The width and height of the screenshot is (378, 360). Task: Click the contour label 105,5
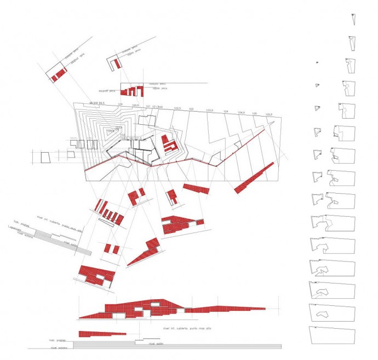click(269, 115)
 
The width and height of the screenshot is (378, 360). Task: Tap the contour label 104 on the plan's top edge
click(226, 112)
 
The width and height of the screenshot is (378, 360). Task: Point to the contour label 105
click(255, 114)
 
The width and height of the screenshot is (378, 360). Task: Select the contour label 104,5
click(240, 113)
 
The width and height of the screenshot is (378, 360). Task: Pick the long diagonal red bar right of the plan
click(253, 178)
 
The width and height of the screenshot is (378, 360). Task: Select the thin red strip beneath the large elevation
click(98, 334)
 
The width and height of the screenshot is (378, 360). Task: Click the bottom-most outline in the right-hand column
click(333, 334)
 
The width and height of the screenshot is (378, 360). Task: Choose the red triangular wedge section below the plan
click(145, 252)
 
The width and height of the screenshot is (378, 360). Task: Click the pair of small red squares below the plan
click(112, 249)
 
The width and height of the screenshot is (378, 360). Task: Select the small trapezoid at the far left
click(46, 157)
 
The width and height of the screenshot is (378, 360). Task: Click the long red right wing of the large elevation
click(225, 309)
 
